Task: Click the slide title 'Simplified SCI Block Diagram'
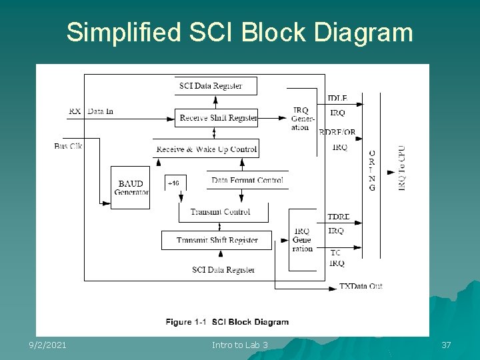[239, 32]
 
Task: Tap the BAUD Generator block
[131, 187]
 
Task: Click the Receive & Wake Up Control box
[206, 149]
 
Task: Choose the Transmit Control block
[221, 212]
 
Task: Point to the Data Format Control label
[247, 180]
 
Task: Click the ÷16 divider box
[174, 183]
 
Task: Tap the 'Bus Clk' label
[68, 146]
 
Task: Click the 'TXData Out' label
[361, 286]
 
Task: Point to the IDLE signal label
[337, 99]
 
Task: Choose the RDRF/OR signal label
[337, 132]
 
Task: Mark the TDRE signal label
[338, 217]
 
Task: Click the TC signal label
[335, 253]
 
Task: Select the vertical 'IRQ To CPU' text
[401, 168]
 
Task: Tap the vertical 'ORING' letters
[371, 170]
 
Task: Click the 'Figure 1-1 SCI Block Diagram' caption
[227, 322]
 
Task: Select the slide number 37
[446, 345]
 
